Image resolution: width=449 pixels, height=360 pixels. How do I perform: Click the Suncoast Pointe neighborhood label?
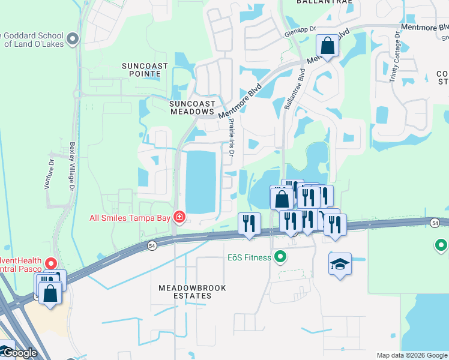(141, 69)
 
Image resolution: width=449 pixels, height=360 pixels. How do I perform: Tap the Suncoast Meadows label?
(191, 107)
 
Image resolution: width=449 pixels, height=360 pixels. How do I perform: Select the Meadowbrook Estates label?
(192, 292)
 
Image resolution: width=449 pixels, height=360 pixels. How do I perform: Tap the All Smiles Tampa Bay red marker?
(178, 217)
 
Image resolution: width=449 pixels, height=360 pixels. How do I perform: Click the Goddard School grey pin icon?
(73, 40)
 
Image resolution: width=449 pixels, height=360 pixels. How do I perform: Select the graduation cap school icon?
(340, 264)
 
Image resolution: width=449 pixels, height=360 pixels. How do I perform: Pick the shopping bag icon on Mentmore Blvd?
(327, 46)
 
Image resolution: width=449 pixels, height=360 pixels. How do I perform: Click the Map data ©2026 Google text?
(412, 355)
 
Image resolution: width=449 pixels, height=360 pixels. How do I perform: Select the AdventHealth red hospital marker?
(51, 263)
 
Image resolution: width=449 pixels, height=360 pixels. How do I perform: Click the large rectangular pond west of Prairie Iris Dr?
(200, 181)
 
